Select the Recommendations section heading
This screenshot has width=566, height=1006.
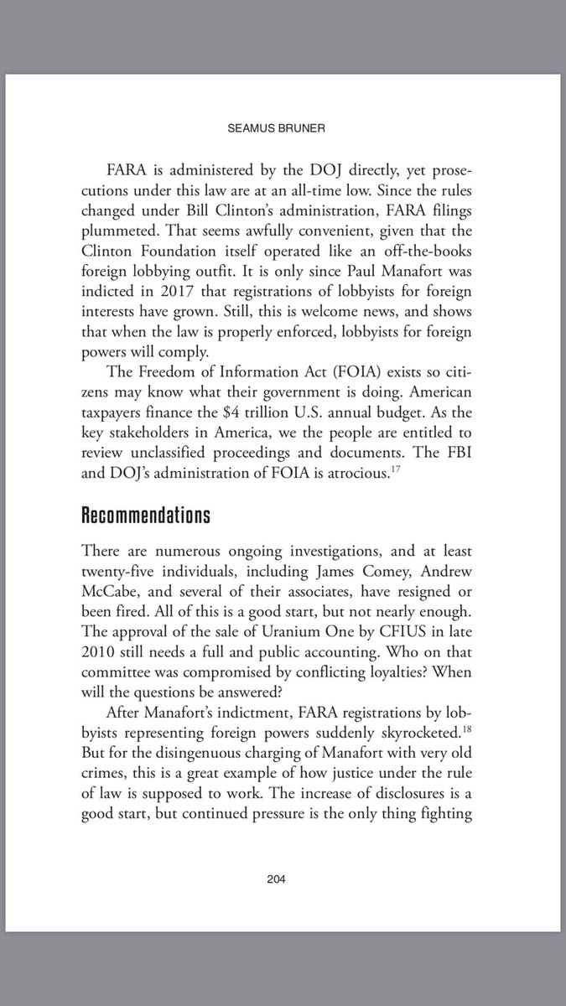click(145, 515)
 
